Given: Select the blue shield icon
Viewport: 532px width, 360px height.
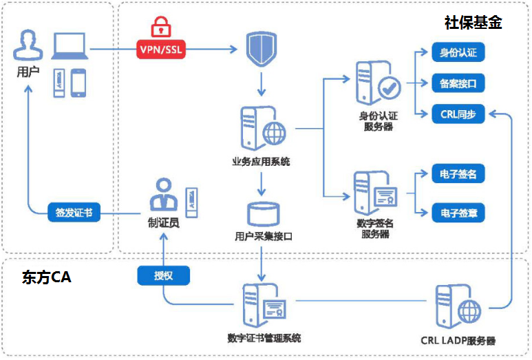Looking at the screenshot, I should (261, 48).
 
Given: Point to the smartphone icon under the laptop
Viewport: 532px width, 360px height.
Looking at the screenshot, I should (78, 82).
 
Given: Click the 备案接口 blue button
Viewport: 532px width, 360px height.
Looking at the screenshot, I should (458, 84).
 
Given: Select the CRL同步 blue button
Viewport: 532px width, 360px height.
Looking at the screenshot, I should (458, 114).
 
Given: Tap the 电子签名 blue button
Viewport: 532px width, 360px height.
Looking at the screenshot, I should (458, 175).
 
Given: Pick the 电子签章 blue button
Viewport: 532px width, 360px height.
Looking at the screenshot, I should (458, 213).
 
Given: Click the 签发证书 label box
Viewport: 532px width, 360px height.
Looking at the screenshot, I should (74, 213).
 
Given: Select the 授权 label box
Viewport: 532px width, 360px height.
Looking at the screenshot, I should (163, 275).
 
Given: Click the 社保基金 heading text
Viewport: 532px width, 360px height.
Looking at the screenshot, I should (473, 23).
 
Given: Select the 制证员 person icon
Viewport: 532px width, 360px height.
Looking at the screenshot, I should (164, 195).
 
